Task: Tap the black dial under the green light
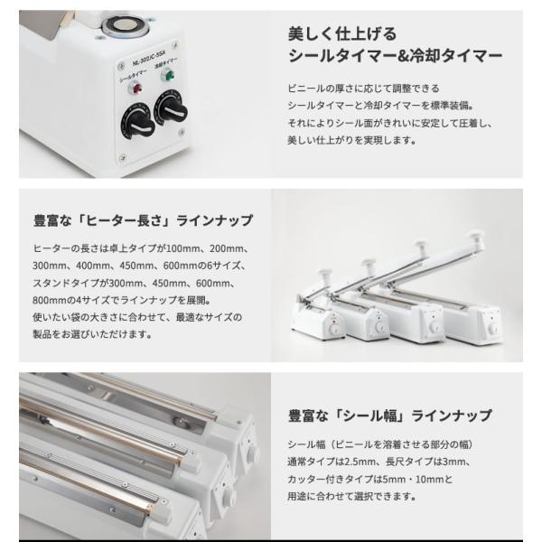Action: click(170, 109)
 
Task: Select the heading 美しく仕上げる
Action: click(341, 34)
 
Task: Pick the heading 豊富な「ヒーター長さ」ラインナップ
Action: click(143, 220)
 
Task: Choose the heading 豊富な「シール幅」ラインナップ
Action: click(390, 416)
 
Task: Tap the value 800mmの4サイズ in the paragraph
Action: click(67, 299)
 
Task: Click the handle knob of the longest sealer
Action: click(422, 244)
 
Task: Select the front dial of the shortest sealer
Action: click(331, 332)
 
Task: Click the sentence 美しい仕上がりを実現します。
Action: click(350, 140)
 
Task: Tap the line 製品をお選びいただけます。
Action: click(87, 333)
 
